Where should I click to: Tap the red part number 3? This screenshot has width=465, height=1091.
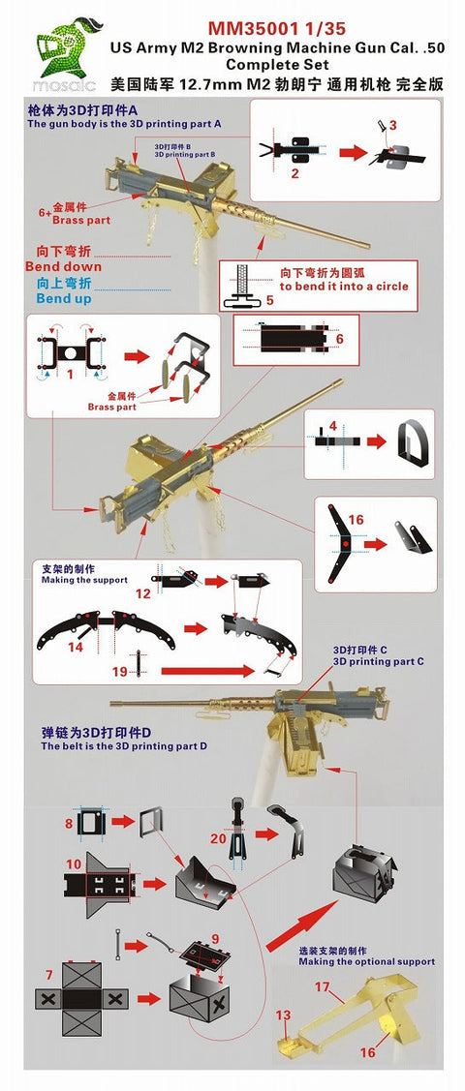[392, 125]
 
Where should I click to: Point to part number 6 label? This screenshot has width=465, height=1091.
[338, 339]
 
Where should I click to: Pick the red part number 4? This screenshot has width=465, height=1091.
[332, 426]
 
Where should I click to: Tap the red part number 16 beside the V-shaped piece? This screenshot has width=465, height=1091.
[356, 520]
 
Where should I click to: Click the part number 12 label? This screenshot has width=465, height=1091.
[142, 591]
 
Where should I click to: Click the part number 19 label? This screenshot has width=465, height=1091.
[120, 670]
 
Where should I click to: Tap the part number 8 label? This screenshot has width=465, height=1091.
[69, 824]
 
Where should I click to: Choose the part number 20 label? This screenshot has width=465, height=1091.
[219, 838]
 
